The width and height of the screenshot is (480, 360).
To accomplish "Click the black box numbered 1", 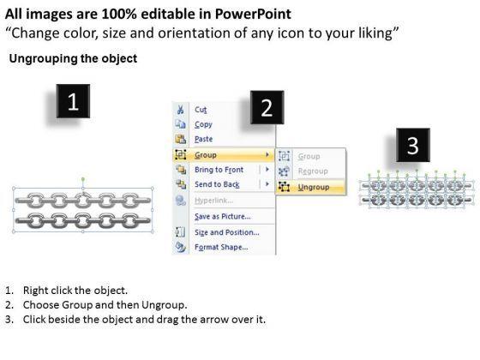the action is point(73,101).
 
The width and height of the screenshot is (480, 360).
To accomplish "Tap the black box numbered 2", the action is point(267,107).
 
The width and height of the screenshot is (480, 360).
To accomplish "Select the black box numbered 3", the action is point(413,145).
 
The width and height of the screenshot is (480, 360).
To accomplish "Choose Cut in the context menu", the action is point(201,110).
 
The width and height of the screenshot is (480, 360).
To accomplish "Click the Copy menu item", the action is point(203,124).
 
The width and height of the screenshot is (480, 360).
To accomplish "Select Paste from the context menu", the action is point(204,139).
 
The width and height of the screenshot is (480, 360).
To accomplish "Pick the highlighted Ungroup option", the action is point(314,187).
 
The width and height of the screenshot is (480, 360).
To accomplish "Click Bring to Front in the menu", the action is point(219,170).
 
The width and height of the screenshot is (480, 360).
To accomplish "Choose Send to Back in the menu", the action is point(217,184).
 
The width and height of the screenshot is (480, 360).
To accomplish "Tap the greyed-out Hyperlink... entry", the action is point(213,201).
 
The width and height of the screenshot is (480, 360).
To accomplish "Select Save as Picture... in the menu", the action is point(223,216).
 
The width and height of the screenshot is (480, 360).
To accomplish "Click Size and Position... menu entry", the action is point(227,232).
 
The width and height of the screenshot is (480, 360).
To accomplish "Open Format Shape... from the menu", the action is point(221,247).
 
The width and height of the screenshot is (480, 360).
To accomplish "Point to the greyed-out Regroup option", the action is point(313,171).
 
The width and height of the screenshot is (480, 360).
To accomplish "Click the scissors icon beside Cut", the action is point(180,110).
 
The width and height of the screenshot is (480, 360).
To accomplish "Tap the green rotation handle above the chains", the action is point(83,179).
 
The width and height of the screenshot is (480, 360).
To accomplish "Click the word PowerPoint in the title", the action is point(253,14).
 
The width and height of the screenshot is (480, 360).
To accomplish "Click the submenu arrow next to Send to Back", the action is point(267,184).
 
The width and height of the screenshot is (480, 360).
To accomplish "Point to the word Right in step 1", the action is point(33,291).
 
